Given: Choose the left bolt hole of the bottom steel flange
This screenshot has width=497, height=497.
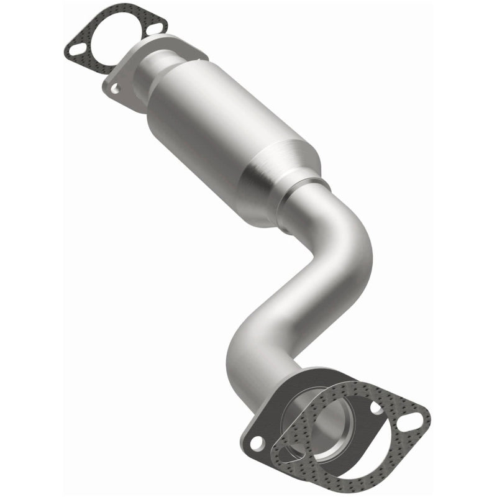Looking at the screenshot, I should click(256, 444).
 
